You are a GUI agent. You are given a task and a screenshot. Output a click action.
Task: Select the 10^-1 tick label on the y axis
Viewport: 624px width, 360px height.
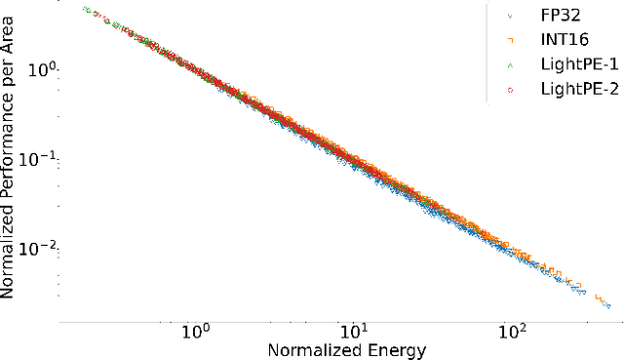(39, 160)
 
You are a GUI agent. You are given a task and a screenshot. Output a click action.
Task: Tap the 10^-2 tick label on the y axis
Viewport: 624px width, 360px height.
(39, 249)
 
